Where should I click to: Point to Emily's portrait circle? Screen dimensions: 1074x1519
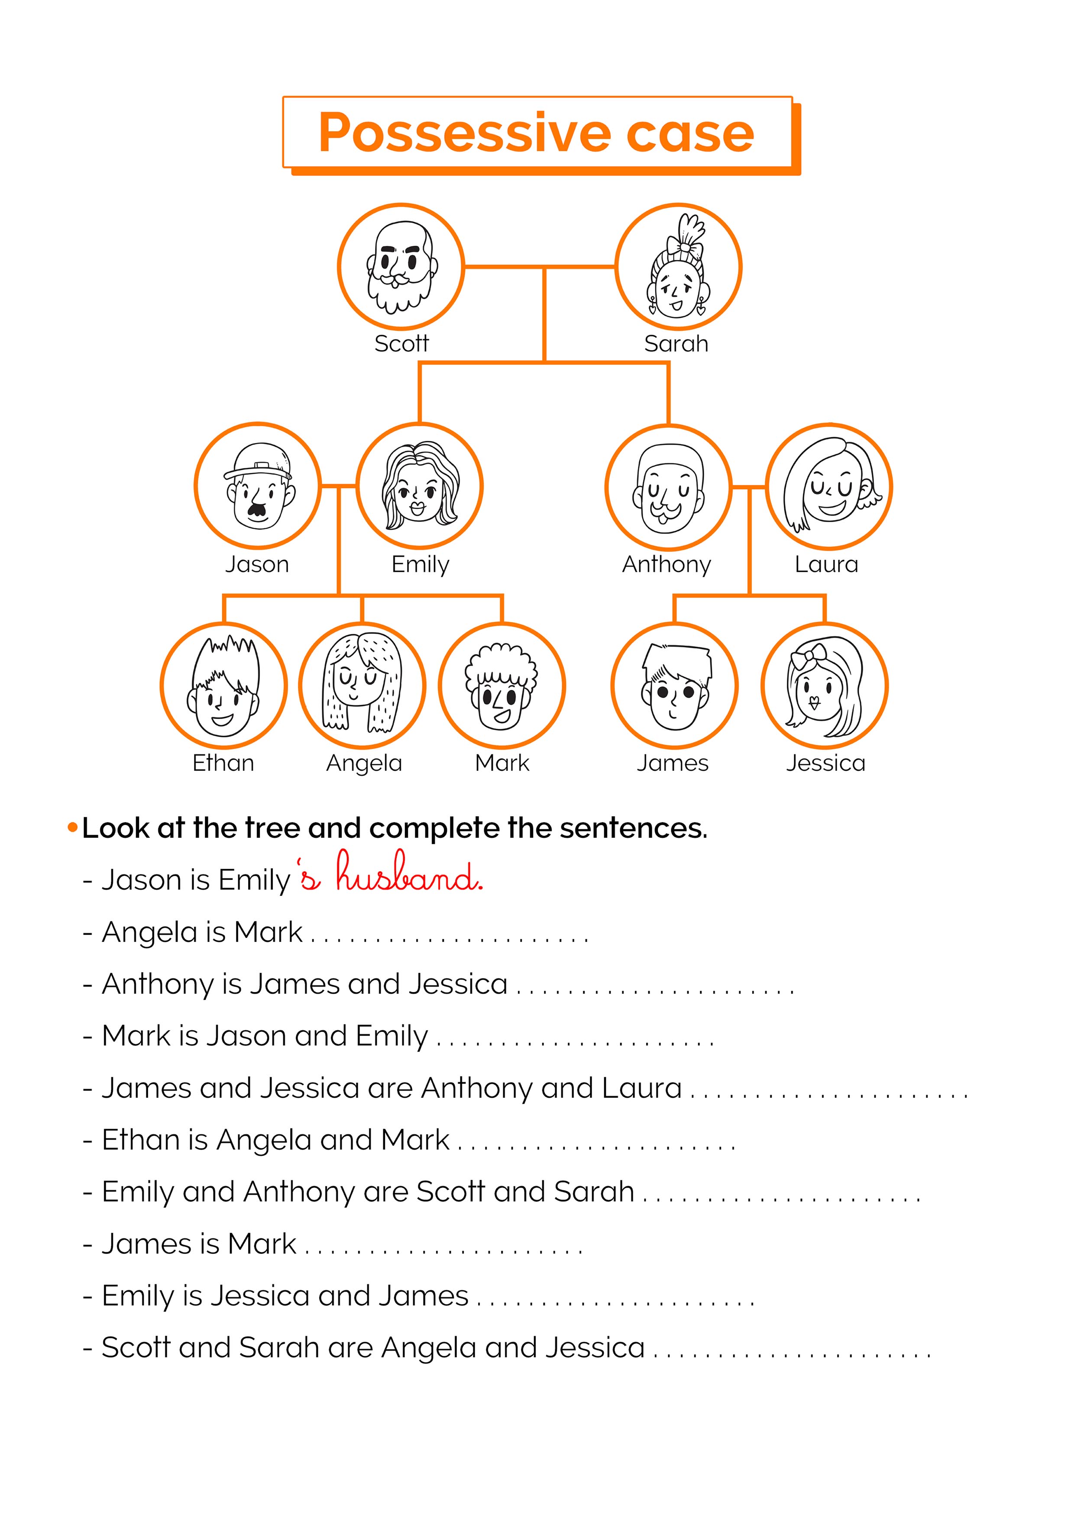(x=420, y=485)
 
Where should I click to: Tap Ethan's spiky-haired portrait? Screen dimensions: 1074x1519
(x=223, y=685)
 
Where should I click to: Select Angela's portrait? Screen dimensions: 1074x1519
(x=362, y=685)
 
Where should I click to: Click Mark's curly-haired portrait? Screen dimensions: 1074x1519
(x=501, y=685)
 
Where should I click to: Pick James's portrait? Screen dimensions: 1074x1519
(x=674, y=685)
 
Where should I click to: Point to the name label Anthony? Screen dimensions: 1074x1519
(x=666, y=564)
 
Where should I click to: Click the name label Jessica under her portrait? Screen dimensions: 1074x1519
(x=825, y=763)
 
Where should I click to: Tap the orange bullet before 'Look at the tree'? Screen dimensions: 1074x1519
(x=73, y=827)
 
